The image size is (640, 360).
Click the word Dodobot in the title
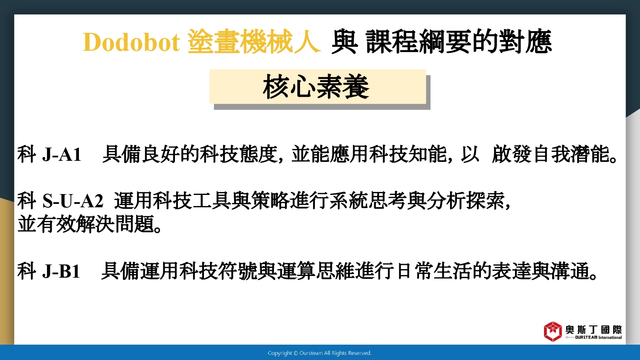coord(131,42)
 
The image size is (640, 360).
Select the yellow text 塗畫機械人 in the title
coord(254,42)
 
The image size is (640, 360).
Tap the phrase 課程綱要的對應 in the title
coord(459,42)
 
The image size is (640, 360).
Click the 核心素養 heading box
coord(318,87)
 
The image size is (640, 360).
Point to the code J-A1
coord(62,154)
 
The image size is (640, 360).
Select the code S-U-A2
coord(73,201)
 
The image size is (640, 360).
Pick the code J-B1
coord(61,271)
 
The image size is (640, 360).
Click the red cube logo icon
coord(553,331)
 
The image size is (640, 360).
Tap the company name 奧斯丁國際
coord(593,330)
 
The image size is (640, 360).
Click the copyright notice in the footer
coord(320,353)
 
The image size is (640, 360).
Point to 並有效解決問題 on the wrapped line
coord(86,224)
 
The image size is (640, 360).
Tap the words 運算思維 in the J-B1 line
coord(316,271)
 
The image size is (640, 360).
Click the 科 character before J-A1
coord(27,154)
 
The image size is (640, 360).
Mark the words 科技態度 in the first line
coord(239,154)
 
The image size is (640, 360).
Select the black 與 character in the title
coord(345,42)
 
